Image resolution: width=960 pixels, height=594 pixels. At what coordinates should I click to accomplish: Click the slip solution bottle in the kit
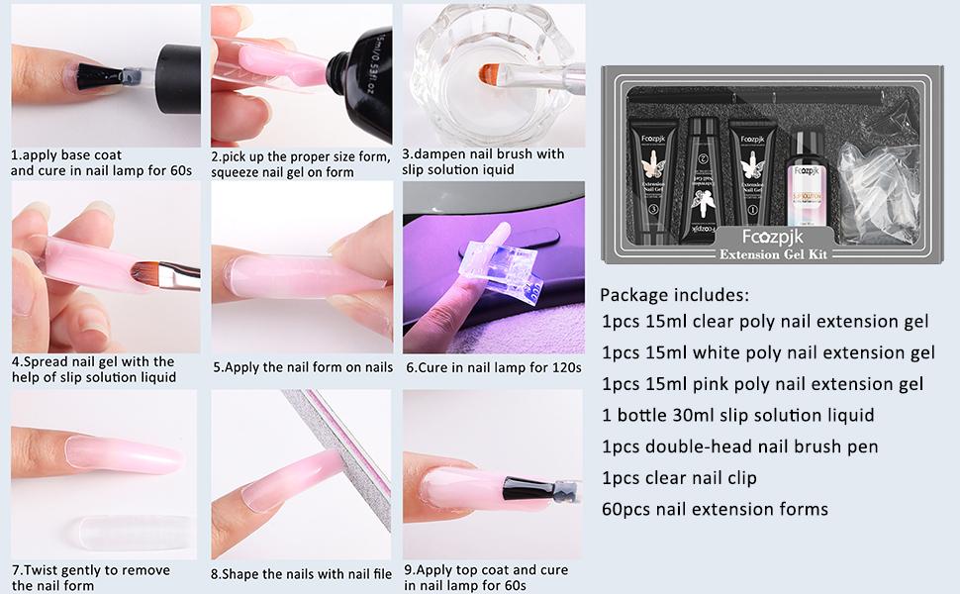(807, 178)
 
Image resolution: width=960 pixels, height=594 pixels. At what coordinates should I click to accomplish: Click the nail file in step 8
(339, 456)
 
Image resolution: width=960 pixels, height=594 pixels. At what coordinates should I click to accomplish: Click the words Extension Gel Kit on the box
(774, 254)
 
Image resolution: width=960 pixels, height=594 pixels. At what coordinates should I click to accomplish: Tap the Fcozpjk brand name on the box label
(773, 237)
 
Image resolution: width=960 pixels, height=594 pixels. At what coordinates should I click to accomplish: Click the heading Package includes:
(674, 295)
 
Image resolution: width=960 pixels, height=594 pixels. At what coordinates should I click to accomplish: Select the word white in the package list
(715, 352)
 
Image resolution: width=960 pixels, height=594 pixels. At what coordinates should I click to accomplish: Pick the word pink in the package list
(711, 384)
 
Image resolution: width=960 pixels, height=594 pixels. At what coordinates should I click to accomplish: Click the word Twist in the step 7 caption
(43, 570)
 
